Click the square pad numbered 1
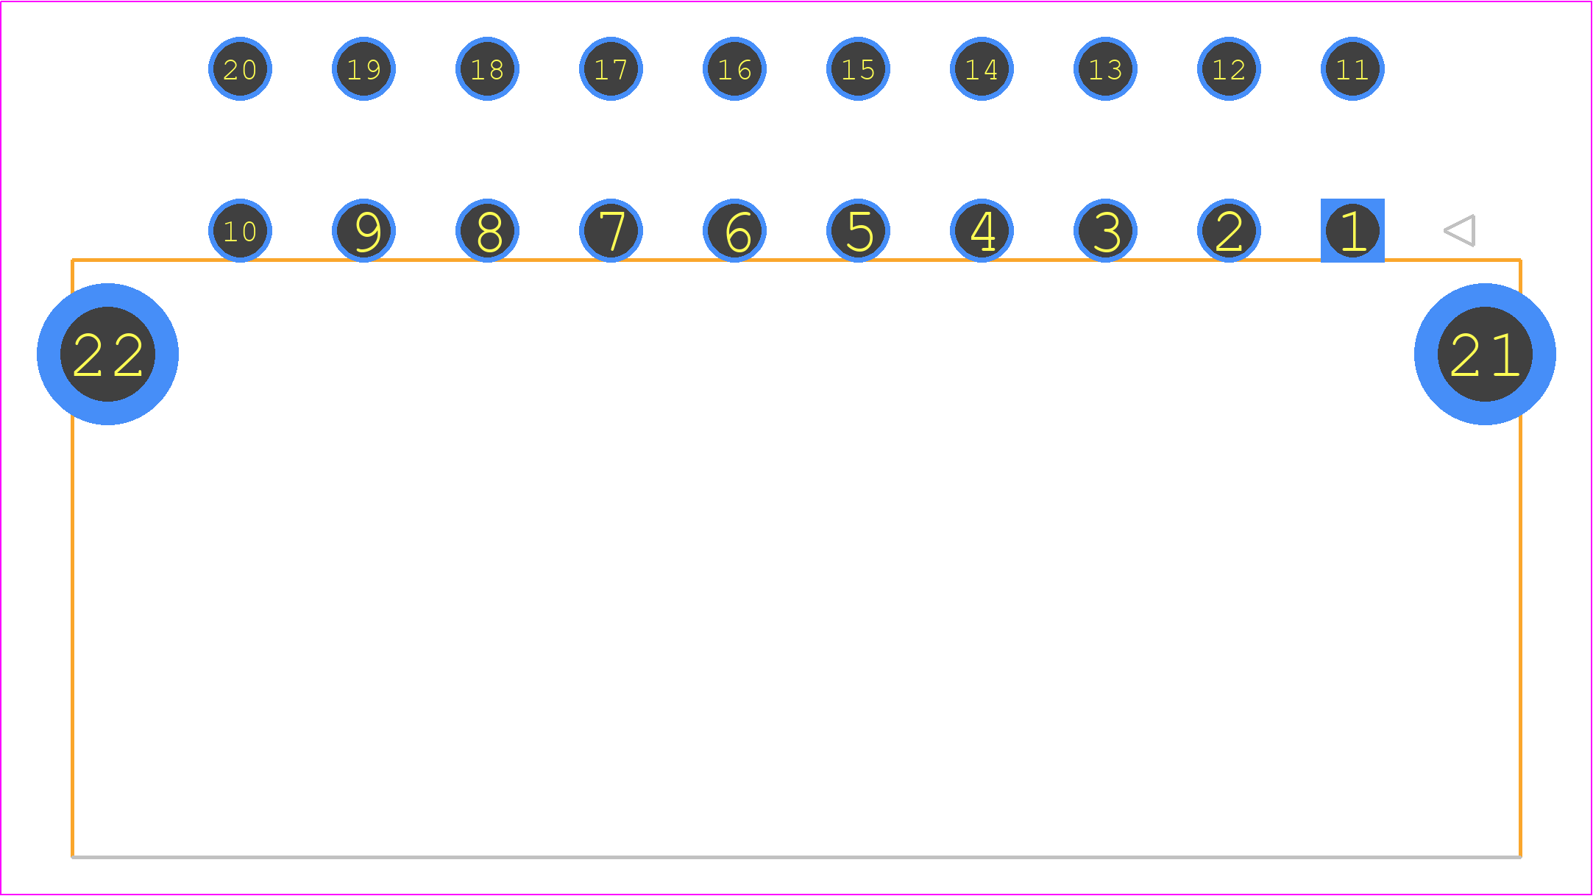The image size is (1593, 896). click(1352, 230)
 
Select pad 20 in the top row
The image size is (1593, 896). click(240, 68)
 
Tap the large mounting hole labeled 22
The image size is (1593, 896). click(107, 354)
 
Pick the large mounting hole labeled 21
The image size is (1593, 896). click(1485, 354)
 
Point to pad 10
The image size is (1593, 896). click(240, 230)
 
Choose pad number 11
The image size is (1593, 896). click(1352, 68)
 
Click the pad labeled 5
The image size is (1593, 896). click(858, 230)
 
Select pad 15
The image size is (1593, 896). click(858, 68)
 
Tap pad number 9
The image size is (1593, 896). click(363, 230)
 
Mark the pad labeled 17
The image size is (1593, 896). click(611, 68)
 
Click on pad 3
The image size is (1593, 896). click(1105, 230)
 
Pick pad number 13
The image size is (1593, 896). click(1105, 68)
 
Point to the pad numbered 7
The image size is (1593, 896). click(611, 230)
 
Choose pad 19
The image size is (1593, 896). click(363, 68)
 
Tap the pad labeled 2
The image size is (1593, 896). click(1229, 230)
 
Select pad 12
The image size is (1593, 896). click(1229, 68)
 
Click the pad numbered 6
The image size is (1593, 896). click(734, 230)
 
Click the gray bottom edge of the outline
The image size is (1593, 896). click(796, 857)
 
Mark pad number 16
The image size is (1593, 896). click(734, 68)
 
